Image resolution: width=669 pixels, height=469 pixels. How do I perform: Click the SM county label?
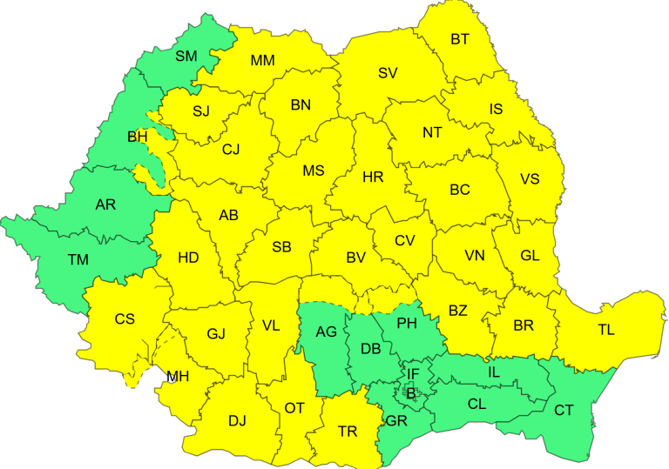point(186,57)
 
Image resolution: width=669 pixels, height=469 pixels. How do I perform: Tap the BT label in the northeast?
point(460,39)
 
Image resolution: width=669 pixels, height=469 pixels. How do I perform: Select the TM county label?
point(78,258)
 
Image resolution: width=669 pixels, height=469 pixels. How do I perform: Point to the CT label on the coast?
point(564,410)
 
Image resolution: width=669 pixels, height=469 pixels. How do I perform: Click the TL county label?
point(606,330)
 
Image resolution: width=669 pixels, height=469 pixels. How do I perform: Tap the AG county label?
point(326,332)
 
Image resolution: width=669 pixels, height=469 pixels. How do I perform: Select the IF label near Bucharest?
point(414,374)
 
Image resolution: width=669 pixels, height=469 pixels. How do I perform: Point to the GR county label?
point(396,421)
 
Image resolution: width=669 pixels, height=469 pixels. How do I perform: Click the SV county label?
point(388,73)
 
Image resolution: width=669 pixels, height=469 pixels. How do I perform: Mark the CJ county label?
point(231,150)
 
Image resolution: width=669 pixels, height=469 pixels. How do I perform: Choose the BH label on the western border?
point(138,137)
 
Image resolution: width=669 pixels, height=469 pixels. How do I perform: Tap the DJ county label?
point(237,421)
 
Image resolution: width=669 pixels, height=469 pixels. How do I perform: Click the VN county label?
point(475,256)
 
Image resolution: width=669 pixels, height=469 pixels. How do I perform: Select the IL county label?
point(494,372)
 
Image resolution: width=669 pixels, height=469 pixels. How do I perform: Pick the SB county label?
point(281,247)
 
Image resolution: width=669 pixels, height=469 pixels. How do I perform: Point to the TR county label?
point(348,431)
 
